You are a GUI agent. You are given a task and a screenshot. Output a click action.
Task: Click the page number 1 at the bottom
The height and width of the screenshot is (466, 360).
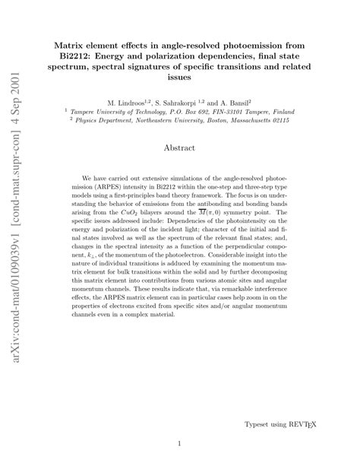coord(179,443)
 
